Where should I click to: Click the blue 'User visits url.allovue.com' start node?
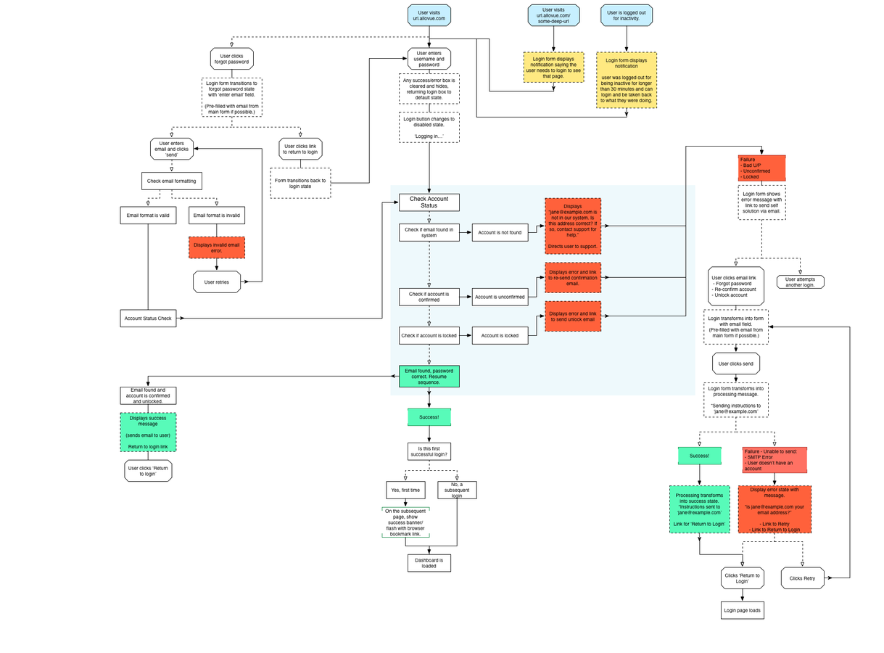[429, 15]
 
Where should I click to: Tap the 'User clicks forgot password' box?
[231, 59]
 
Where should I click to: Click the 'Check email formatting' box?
[171, 181]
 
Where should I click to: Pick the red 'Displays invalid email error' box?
[217, 247]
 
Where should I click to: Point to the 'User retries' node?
[217, 282]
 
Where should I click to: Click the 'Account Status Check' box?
[148, 318]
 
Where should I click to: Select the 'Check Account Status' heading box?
[429, 202]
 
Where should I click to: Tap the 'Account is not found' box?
[500, 233]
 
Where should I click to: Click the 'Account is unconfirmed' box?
[500, 297]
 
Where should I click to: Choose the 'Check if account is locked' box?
[429, 336]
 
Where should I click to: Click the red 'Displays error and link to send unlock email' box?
[573, 316]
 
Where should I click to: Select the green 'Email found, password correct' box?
[429, 376]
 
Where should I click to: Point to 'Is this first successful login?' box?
[429, 451]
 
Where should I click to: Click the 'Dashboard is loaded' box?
[429, 563]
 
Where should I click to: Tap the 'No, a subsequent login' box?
[457, 490]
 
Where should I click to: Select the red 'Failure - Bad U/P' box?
[761, 168]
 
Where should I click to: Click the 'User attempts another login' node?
[800, 282]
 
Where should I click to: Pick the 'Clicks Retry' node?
[803, 578]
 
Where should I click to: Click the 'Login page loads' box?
[742, 610]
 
